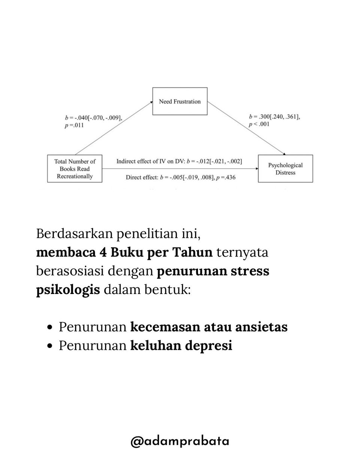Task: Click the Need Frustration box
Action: tap(180, 101)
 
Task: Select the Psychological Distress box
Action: tap(285, 169)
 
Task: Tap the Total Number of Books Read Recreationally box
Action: tap(75, 169)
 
